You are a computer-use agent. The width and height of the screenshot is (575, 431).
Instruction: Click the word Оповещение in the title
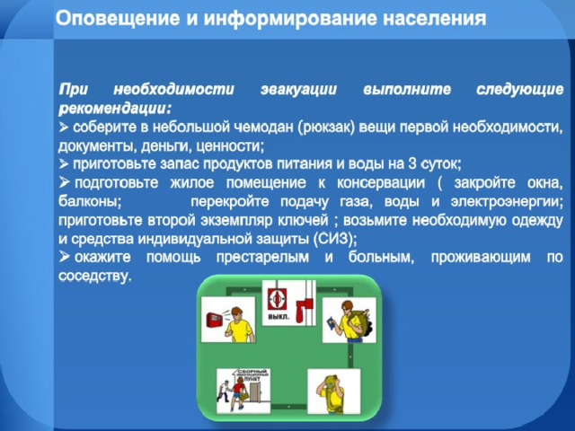click(118, 18)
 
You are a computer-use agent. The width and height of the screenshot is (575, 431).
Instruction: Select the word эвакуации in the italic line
click(298, 90)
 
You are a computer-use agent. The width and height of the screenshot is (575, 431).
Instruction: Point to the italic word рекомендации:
click(115, 109)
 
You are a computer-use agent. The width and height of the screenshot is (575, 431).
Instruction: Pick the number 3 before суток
click(412, 163)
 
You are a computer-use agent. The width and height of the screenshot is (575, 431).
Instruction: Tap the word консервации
click(381, 182)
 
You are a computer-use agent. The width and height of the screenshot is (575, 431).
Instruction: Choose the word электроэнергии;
click(507, 201)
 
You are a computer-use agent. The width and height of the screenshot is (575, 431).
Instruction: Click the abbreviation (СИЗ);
click(335, 240)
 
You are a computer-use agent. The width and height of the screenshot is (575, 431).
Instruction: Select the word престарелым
click(262, 258)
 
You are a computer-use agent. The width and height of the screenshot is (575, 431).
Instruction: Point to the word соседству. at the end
click(94, 276)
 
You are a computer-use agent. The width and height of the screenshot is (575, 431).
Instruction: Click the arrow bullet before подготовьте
click(64, 181)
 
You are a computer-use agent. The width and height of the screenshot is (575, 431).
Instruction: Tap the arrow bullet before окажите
click(64, 257)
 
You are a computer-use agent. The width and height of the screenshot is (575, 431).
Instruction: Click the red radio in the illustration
click(215, 320)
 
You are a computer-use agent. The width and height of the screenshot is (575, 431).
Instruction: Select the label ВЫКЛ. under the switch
click(279, 317)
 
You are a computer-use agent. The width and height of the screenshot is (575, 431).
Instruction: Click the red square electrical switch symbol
click(277, 299)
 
